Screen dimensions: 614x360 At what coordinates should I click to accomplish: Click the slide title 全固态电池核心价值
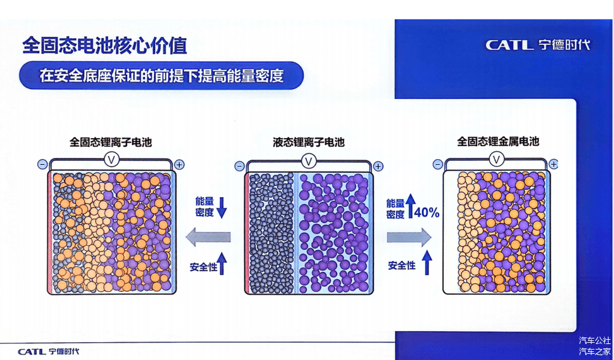pos(104,46)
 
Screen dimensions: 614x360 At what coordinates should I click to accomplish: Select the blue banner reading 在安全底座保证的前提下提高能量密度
pos(161,76)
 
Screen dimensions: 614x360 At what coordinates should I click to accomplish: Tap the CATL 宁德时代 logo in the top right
pos(538,45)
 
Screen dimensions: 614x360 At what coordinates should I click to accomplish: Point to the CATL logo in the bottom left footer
pos(48,351)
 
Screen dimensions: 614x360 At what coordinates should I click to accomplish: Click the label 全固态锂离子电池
pos(111,142)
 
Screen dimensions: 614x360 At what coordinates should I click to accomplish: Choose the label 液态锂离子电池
pos(309,142)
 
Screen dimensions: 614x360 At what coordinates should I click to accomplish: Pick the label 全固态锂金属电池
pos(498,141)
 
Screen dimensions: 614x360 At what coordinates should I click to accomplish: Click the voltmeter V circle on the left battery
pos(112,160)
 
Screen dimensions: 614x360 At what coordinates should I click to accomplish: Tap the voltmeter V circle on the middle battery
pos(309,161)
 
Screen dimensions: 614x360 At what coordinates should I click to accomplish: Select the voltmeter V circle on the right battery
pos(497,160)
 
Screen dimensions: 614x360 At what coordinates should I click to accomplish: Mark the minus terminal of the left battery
pos(42,165)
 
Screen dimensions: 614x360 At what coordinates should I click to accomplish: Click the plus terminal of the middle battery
pos(378,166)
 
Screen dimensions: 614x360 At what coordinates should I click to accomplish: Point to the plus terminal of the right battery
pos(553,164)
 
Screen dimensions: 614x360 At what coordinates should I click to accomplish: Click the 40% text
pos(427,213)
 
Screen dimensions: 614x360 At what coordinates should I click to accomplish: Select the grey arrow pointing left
pos(208,237)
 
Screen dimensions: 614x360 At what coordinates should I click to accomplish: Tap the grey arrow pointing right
pos(409,237)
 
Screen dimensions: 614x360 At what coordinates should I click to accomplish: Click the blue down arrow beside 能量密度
pos(222,208)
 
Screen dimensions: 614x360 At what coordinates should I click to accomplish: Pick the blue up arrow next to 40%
pos(410,206)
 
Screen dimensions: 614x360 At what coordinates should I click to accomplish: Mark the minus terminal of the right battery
pos(438,165)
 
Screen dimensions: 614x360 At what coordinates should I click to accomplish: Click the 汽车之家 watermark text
pos(594,351)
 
